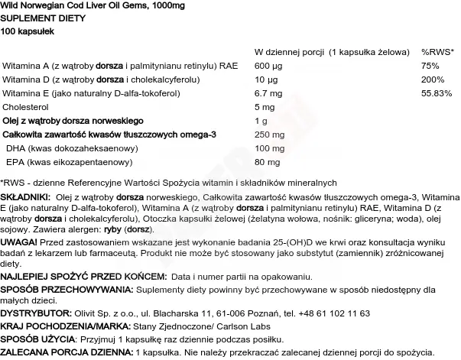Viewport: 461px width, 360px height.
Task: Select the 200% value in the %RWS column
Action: (431, 79)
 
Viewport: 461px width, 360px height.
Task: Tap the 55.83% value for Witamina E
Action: (435, 92)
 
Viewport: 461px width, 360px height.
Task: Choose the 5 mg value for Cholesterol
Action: (265, 106)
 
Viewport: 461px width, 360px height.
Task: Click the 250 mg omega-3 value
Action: (268, 134)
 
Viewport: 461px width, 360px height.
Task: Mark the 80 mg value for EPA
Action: (266, 161)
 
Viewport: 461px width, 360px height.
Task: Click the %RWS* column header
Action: (437, 51)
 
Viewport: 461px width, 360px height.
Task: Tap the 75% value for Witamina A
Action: (430, 65)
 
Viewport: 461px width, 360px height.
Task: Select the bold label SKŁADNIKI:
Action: (26, 196)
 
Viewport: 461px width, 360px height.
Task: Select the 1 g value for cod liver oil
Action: (261, 120)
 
